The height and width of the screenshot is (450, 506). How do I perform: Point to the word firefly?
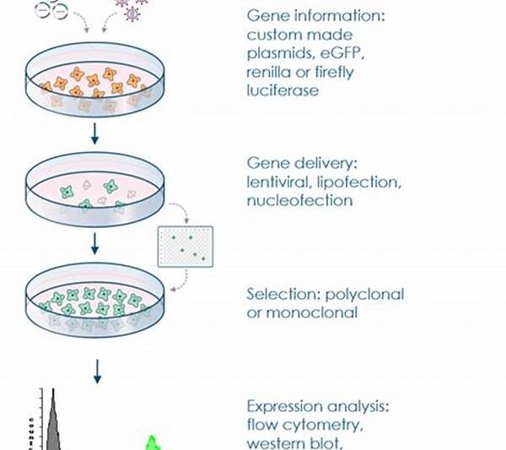point(334,72)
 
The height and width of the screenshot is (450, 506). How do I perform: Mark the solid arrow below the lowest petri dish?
point(95,368)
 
